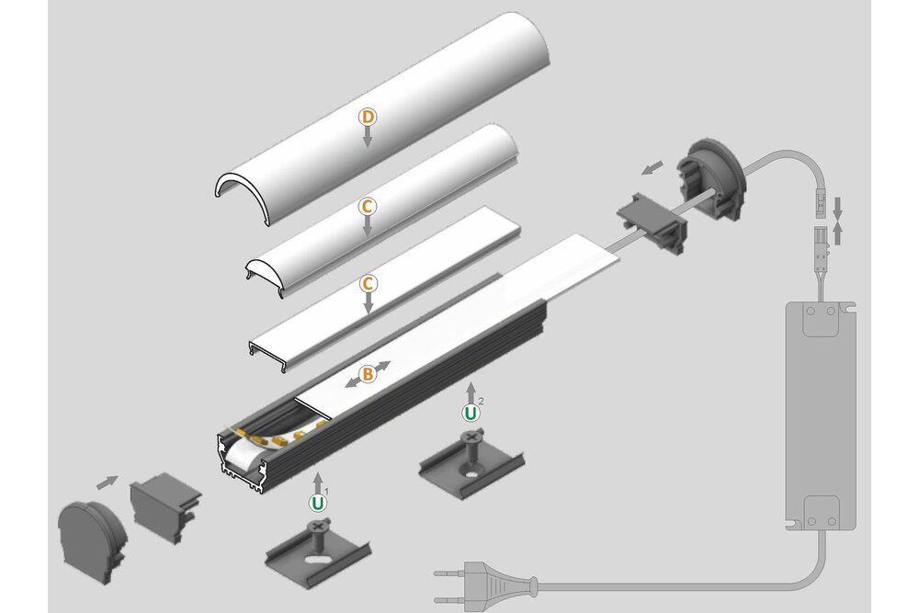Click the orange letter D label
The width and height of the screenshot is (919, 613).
367,117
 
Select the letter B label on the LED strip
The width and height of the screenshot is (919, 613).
367,373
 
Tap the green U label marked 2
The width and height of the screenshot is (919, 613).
471,413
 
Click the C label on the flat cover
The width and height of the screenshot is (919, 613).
367,282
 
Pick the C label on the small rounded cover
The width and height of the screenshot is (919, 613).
367,207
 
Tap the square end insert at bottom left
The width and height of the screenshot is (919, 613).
165,509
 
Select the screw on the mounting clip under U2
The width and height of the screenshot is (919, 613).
471,444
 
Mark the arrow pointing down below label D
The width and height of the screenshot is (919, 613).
367,138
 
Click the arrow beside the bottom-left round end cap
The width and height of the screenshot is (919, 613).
108,481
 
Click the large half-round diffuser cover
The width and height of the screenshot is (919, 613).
386,101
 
